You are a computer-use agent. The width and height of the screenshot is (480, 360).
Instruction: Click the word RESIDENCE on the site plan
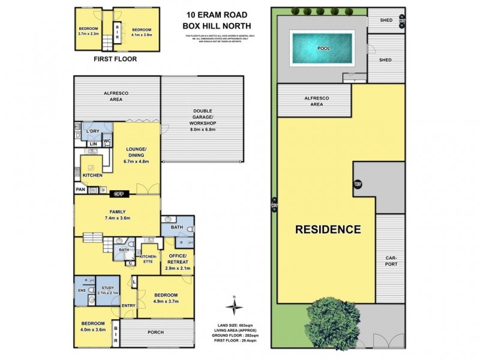click(327, 229)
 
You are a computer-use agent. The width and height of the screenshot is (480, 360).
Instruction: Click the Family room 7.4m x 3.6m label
click(116, 215)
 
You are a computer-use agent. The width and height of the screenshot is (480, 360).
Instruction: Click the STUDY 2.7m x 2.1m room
click(108, 291)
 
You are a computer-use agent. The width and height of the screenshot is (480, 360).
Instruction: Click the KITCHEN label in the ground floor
click(92, 175)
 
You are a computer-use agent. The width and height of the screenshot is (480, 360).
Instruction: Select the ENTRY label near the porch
click(128, 306)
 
